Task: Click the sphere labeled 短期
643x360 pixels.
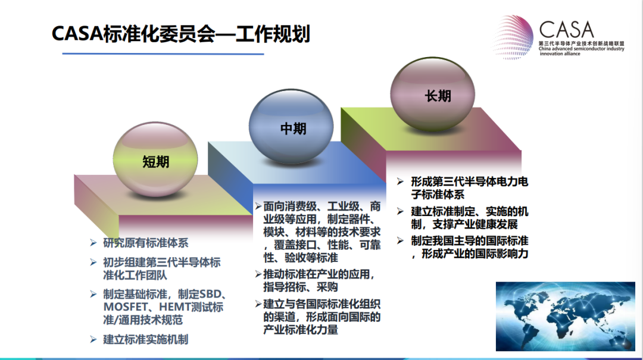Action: (155, 159)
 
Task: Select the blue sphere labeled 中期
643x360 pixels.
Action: (291, 126)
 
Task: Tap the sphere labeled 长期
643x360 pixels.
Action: (433, 93)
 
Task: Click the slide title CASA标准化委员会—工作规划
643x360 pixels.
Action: (180, 34)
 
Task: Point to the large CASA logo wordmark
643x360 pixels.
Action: (566, 30)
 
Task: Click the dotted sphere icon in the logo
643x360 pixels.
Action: (513, 37)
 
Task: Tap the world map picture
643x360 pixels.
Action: (565, 316)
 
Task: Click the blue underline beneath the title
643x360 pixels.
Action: (163, 54)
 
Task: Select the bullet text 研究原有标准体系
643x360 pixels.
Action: (146, 243)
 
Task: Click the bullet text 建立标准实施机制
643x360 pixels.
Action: (146, 340)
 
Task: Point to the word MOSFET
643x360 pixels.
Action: (126, 307)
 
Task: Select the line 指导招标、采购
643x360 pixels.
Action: (301, 287)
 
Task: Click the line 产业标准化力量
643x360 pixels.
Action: (301, 330)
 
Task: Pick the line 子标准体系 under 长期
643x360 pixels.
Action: (438, 195)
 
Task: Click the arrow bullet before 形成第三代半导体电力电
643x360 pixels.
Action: (401, 181)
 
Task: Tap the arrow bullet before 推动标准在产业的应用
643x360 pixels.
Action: (258, 274)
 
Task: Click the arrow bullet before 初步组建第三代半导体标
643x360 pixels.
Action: (93, 262)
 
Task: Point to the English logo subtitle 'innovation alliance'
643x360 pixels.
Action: (560, 54)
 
